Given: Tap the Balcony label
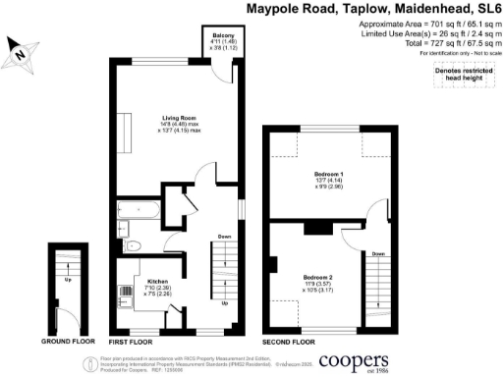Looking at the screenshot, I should [221, 35].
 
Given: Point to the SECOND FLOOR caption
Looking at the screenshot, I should [289, 341].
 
